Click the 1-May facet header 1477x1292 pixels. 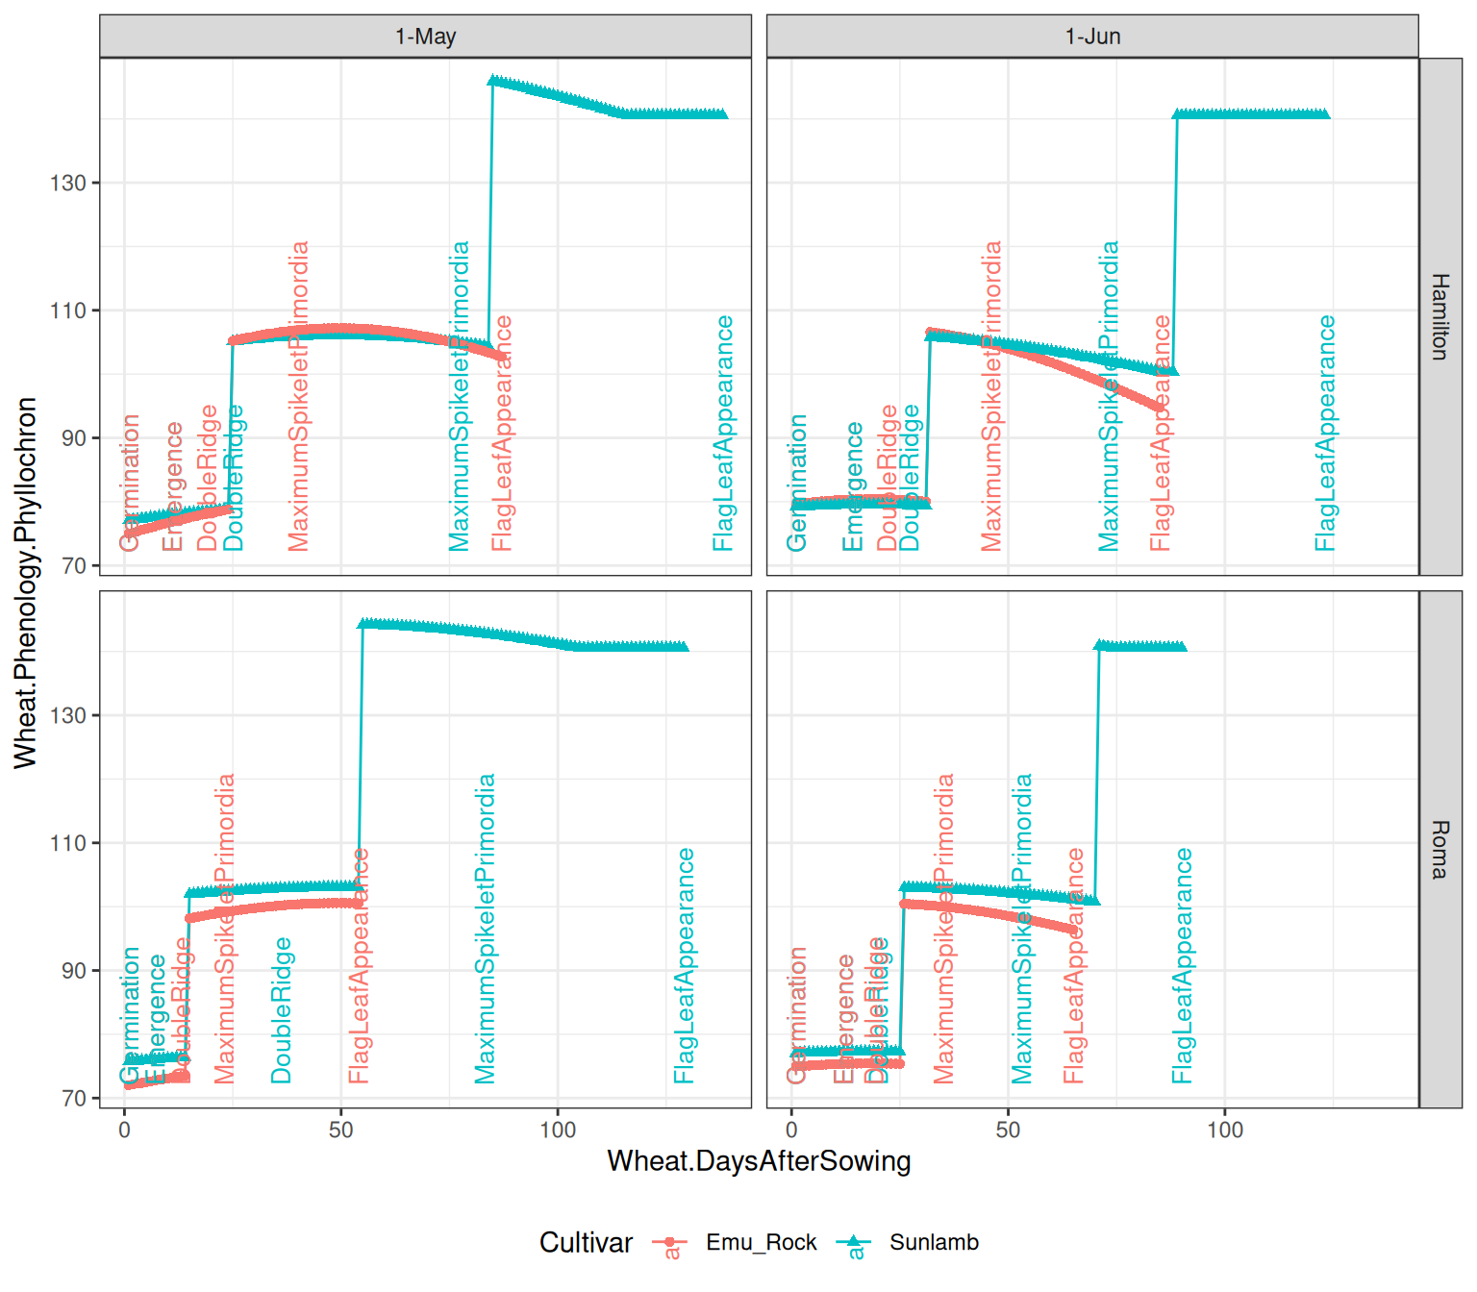pos(425,37)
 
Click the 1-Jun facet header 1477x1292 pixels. pos(1092,37)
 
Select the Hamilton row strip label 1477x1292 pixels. pos(1439,316)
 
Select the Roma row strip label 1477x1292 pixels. pos(1439,850)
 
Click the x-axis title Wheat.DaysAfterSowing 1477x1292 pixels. pos(759,1161)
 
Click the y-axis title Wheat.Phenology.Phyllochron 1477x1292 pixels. pos(26,583)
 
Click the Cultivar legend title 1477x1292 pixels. pos(586,1242)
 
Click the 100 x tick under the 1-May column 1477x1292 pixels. pos(558,1130)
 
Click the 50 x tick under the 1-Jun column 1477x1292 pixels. pos(1008,1130)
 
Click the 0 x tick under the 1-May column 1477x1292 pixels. pos(124,1130)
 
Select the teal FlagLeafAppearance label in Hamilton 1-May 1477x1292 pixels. pos(724,433)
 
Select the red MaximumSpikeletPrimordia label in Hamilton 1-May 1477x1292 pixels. pos(299,396)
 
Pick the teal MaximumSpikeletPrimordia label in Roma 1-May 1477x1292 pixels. pos(486,929)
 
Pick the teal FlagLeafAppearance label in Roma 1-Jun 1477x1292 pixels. pos(1183,965)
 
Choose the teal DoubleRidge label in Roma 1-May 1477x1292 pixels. pos(281,1010)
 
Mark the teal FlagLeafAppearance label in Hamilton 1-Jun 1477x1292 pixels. pos(1326,433)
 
